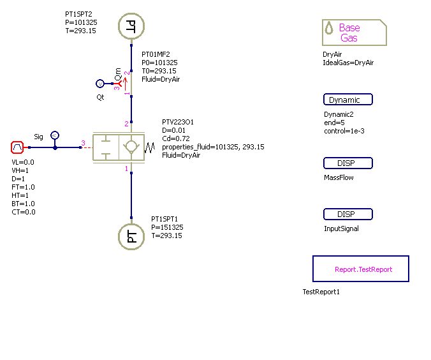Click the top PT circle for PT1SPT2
(x=131, y=26)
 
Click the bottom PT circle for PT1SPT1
(x=131, y=237)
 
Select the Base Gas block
(x=354, y=33)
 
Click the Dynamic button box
(x=347, y=100)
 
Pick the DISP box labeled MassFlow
(x=347, y=163)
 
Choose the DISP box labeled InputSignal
(x=347, y=214)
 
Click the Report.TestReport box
(x=360, y=269)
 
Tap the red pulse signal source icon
(x=18, y=148)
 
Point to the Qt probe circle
(x=99, y=84)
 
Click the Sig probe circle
(x=55, y=135)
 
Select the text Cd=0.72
(x=177, y=139)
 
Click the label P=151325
(x=168, y=227)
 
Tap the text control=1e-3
(x=344, y=131)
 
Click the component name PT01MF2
(x=156, y=54)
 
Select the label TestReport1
(x=321, y=292)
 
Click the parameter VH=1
(x=20, y=170)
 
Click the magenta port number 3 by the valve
(x=82, y=143)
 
